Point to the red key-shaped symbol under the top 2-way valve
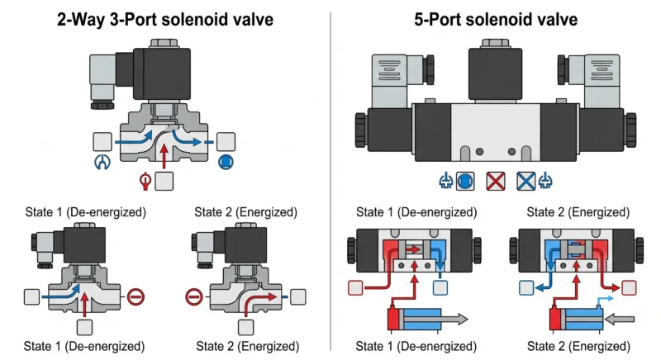coord(143,179)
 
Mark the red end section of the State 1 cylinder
coord(393,320)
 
